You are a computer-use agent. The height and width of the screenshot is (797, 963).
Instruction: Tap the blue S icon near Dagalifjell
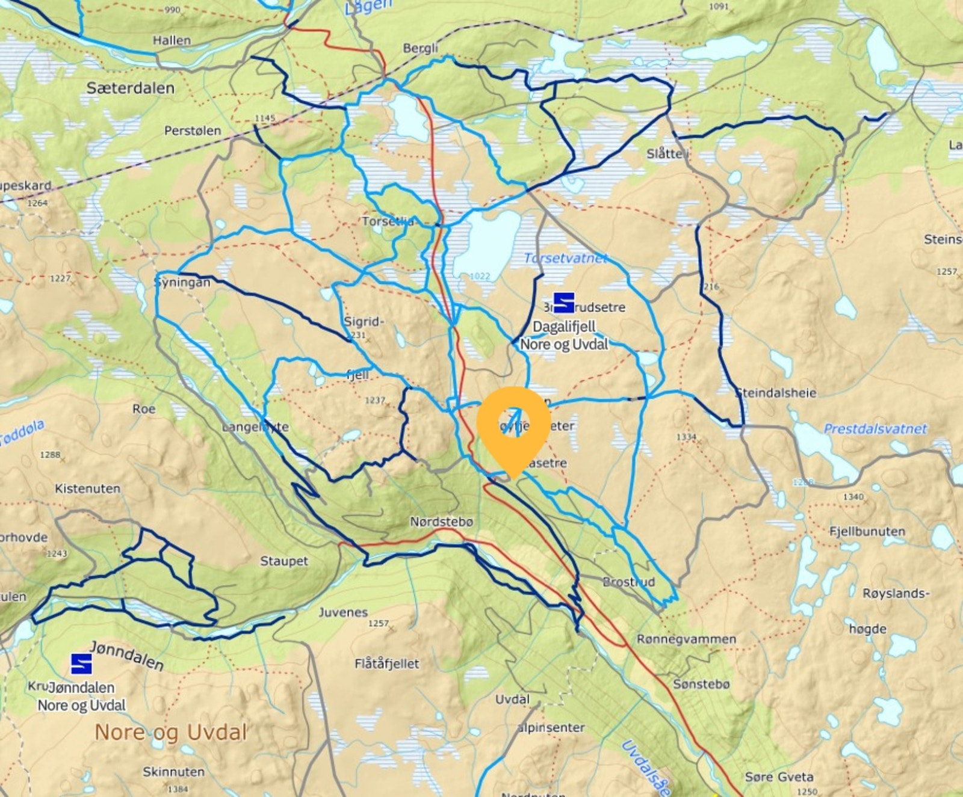click(x=563, y=303)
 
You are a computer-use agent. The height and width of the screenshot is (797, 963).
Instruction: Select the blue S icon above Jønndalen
click(x=81, y=663)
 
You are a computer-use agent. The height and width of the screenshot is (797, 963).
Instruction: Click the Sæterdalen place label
click(x=131, y=88)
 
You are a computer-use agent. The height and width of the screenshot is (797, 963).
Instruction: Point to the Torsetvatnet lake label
click(x=565, y=259)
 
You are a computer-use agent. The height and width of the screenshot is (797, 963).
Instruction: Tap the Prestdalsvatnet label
click(x=875, y=429)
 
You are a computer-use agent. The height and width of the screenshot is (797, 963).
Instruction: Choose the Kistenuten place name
click(x=87, y=488)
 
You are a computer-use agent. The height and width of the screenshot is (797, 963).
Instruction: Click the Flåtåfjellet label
click(x=387, y=664)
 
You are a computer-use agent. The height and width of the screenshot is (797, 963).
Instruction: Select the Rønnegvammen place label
click(x=686, y=639)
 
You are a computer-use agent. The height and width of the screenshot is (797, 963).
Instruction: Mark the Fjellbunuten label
click(x=867, y=532)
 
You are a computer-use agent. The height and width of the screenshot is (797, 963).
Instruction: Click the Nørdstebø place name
click(x=442, y=522)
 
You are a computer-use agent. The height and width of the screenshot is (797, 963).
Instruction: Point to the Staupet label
click(x=283, y=561)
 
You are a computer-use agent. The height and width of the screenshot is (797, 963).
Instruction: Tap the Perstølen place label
click(x=193, y=131)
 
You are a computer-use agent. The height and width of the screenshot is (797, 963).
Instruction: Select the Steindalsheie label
click(x=777, y=393)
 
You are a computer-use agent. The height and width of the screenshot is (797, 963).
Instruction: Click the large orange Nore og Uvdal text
click(x=171, y=733)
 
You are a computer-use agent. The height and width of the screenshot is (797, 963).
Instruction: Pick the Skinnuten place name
click(x=173, y=772)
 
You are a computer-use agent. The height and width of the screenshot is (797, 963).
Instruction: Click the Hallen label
click(x=172, y=40)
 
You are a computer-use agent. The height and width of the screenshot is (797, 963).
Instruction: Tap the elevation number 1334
click(x=686, y=437)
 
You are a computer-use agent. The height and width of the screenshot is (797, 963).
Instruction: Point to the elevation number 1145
click(x=265, y=118)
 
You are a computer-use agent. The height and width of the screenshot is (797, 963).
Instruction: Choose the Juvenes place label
click(x=343, y=612)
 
